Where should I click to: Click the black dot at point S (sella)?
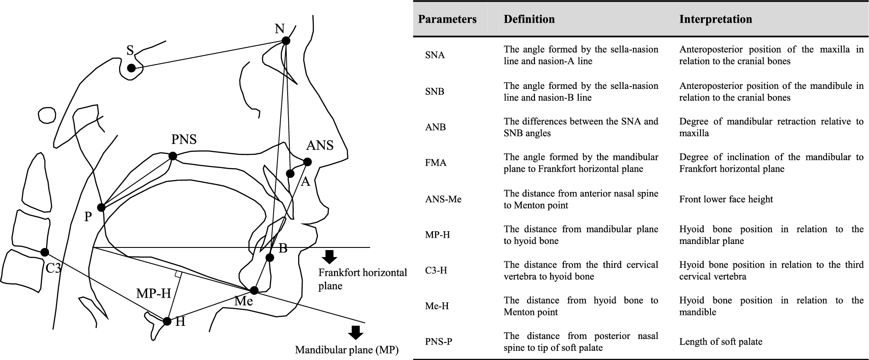coord(131,68)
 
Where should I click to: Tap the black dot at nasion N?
coord(286,41)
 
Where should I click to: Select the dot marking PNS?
coord(173,156)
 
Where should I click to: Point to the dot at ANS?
coord(307,162)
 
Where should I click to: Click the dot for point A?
coord(290,173)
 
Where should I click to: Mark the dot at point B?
coord(270,258)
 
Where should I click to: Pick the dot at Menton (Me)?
coord(254,290)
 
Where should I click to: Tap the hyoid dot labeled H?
coord(167,321)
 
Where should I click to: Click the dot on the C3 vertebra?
coord(45,252)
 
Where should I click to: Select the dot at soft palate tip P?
coord(102,208)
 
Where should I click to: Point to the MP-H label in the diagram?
coord(154,293)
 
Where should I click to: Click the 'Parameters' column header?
coord(447,19)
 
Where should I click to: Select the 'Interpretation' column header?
coord(715,19)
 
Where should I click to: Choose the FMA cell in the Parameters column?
coord(436,163)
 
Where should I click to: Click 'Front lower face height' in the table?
coord(726,199)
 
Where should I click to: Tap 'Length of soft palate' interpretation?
coord(721,342)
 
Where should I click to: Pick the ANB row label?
coord(435,127)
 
